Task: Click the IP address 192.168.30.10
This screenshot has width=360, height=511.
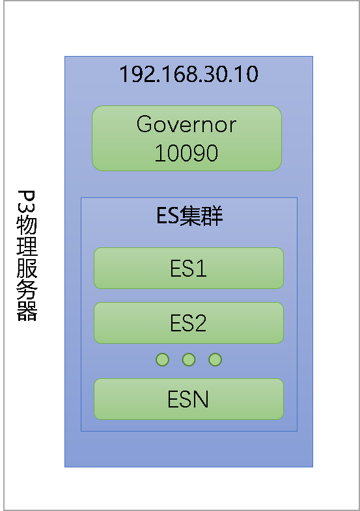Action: (x=189, y=74)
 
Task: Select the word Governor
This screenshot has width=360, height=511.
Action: (x=186, y=124)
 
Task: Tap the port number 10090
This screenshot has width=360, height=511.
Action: (x=186, y=153)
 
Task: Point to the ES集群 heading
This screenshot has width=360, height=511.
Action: (x=189, y=215)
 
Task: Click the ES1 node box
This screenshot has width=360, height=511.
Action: (x=189, y=268)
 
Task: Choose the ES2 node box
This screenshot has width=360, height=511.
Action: (x=189, y=323)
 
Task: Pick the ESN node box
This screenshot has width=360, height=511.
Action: (x=189, y=399)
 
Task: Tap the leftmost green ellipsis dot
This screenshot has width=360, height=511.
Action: (x=162, y=360)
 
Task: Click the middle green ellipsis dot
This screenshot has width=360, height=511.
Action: (x=189, y=360)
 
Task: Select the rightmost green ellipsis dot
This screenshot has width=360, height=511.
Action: (x=215, y=360)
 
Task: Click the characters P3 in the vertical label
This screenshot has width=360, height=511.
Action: (x=27, y=201)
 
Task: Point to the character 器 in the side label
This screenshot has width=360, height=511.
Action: (x=27, y=311)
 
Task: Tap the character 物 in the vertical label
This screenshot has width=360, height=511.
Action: (x=27, y=224)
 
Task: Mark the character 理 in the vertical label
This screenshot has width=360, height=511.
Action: (x=27, y=245)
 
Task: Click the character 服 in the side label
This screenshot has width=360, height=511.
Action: (x=27, y=268)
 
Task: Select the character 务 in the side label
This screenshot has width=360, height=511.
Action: (x=27, y=289)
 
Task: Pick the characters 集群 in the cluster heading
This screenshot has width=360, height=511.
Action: (x=201, y=215)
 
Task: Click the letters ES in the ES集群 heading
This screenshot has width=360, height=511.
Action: (x=167, y=215)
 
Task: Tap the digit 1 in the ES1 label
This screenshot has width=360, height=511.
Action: (x=202, y=268)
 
